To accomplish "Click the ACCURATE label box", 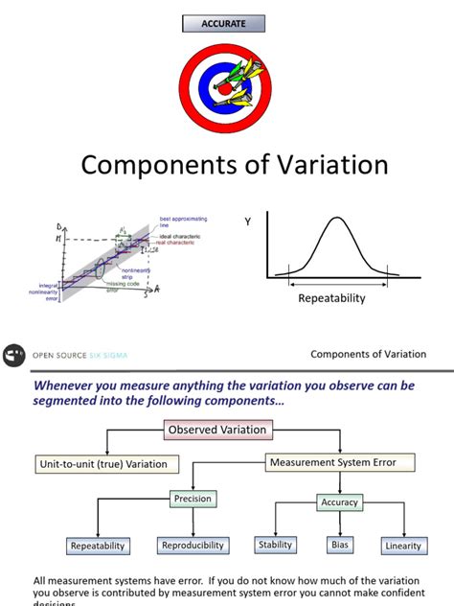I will (x=223, y=24).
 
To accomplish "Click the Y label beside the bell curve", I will (x=247, y=222).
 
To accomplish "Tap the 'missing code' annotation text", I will (x=123, y=284).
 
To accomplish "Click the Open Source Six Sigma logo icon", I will (x=14, y=354).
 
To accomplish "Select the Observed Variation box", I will (x=217, y=431).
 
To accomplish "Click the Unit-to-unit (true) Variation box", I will (x=102, y=464).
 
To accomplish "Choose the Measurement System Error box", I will (x=342, y=462).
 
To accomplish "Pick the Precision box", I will (x=193, y=499).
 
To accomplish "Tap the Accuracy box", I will (x=339, y=501).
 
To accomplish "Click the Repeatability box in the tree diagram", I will (x=97, y=546).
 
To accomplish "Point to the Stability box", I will (x=275, y=545).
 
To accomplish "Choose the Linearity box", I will (x=402, y=546).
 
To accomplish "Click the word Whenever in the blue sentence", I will (x=67, y=385).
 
